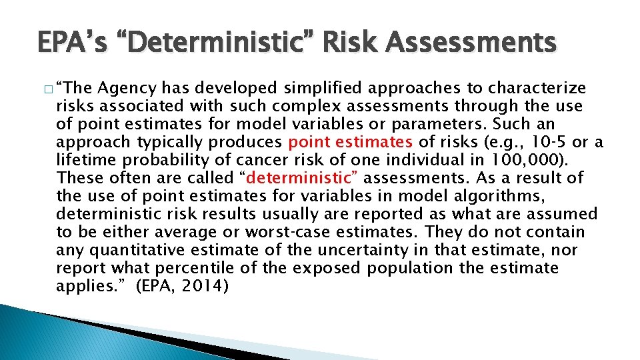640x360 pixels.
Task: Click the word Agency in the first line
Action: point(126,88)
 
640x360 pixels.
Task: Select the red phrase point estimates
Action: point(351,142)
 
